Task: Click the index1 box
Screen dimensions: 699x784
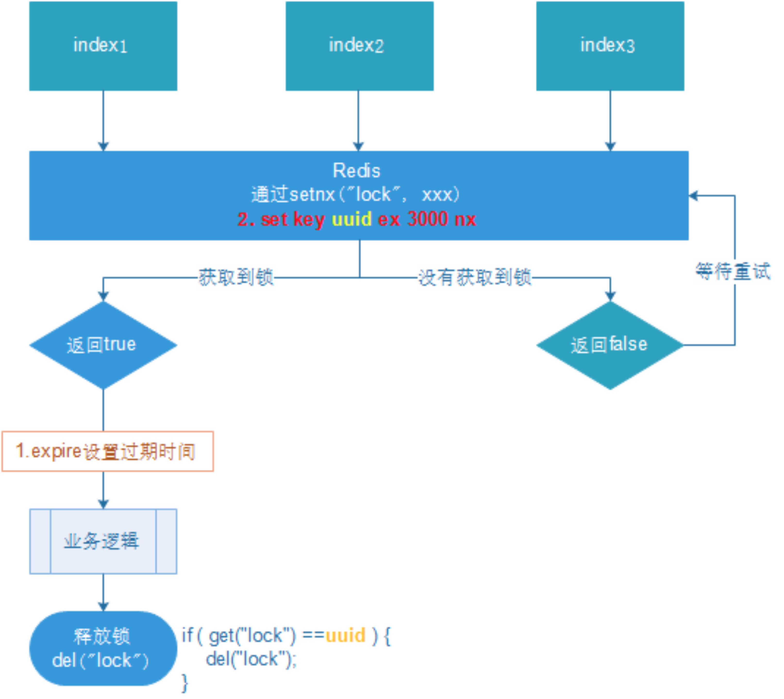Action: tap(103, 46)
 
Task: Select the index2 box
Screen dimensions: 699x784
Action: tap(359, 46)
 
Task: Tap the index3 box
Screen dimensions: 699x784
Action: tap(610, 46)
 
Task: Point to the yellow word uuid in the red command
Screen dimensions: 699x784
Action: tap(351, 219)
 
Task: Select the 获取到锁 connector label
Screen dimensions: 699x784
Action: tap(236, 277)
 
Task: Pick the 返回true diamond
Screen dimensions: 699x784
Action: tap(103, 345)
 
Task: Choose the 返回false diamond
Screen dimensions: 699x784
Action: tap(610, 345)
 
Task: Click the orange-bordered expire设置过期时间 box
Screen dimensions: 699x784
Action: tap(108, 451)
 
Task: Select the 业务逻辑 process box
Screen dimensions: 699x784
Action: tap(103, 541)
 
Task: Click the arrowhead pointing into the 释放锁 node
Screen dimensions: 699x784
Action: tap(103, 607)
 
